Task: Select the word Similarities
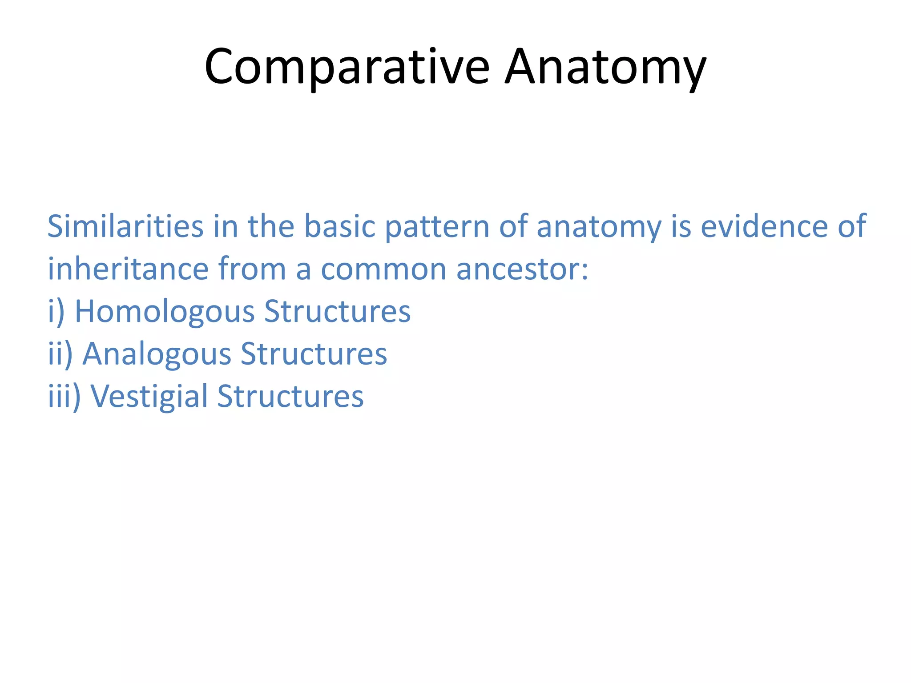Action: click(125, 226)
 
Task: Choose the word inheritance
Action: click(128, 269)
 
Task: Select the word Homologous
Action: click(165, 311)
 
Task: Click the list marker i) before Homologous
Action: click(56, 311)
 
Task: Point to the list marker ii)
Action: click(60, 354)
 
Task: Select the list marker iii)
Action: click(64, 396)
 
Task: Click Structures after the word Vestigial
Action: click(290, 396)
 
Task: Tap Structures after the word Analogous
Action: click(314, 354)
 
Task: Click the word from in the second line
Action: click(252, 269)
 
